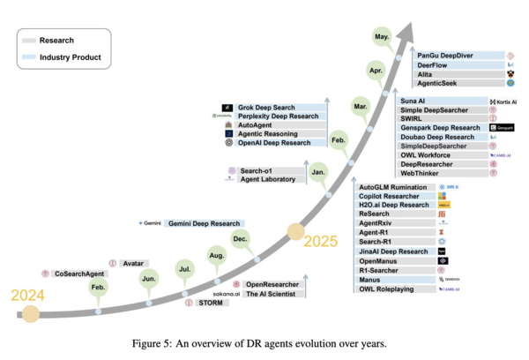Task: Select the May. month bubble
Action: tap(381, 38)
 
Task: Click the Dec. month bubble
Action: tap(240, 238)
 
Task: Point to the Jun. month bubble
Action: tap(149, 279)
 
